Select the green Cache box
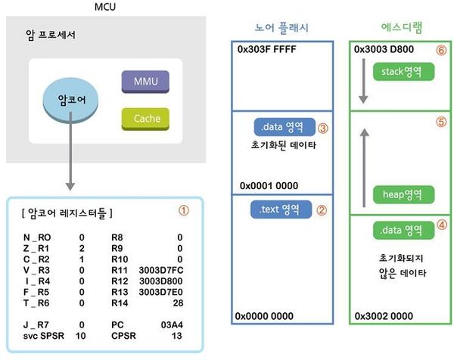pos(146,119)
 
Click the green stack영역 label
pos(400,72)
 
